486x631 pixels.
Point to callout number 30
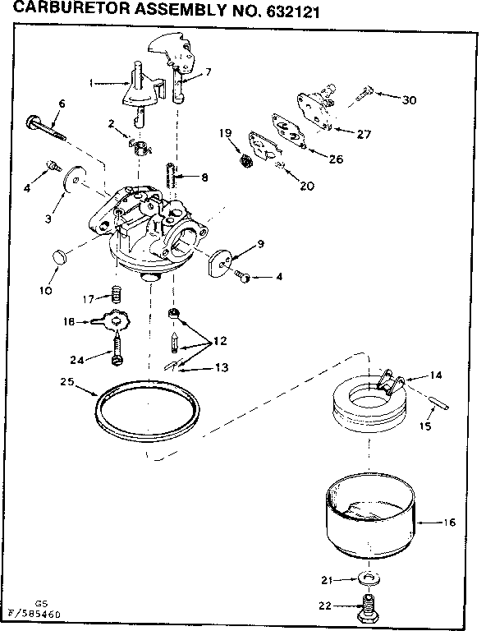click(x=410, y=99)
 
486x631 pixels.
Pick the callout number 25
click(x=69, y=382)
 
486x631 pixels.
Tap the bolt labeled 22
click(x=369, y=608)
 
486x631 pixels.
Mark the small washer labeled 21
click(x=369, y=579)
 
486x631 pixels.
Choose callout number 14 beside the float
click(x=435, y=375)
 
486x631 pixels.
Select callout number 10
click(x=45, y=289)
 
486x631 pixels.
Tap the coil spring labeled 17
click(x=118, y=292)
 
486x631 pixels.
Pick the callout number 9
click(x=260, y=243)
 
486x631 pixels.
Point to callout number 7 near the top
click(x=209, y=72)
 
